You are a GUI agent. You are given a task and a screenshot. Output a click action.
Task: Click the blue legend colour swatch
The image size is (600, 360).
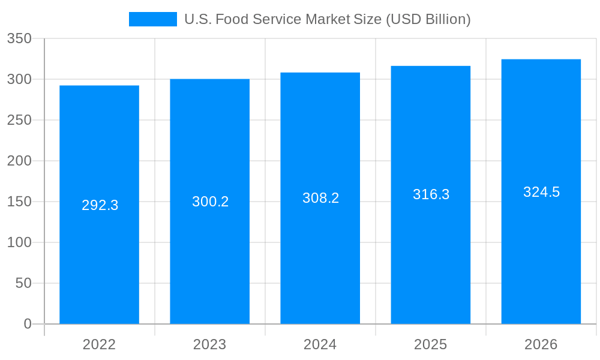tap(153, 19)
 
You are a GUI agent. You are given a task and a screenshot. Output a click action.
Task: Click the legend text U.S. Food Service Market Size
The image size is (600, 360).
tap(327, 19)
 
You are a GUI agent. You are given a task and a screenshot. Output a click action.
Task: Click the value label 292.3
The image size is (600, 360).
tap(100, 205)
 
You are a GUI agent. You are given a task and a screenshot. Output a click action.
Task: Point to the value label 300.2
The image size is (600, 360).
tap(211, 202)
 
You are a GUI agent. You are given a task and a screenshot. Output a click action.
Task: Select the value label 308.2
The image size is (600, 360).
tap(321, 198)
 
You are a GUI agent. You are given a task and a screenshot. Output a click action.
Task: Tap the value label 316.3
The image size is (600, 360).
tap(431, 194)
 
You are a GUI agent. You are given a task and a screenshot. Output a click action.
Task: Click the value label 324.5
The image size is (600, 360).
tap(541, 192)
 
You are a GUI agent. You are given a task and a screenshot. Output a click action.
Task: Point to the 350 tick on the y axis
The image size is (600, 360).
tap(19, 38)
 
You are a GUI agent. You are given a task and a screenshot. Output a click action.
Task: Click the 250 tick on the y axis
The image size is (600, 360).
tap(19, 120)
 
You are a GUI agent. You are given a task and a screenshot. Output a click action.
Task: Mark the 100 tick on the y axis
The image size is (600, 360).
tap(19, 242)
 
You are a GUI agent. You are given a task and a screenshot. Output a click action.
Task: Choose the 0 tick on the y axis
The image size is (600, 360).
tap(28, 324)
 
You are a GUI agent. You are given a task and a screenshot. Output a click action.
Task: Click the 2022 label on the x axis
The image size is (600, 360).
tap(100, 344)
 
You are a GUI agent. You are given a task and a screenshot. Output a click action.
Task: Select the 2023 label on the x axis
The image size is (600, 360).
tap(210, 344)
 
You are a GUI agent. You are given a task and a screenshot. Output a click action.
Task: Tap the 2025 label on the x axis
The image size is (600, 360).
tap(431, 344)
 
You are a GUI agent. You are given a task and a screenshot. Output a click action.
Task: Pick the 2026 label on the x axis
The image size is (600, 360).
tap(541, 344)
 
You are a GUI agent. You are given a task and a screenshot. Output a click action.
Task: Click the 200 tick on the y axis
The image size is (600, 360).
tap(19, 161)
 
